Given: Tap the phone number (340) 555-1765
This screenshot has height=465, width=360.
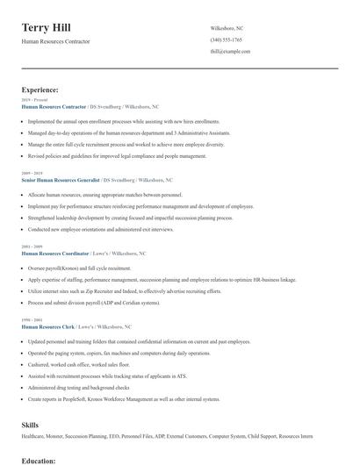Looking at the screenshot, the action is (x=227, y=39).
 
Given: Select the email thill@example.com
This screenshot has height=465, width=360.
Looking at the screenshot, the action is (x=230, y=51).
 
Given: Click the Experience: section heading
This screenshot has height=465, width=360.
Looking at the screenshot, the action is (x=40, y=89).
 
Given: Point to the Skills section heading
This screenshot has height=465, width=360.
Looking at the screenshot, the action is (x=30, y=424).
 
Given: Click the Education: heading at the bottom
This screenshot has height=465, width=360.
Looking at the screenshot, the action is (x=39, y=460).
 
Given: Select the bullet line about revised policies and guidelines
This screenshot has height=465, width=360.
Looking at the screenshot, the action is (x=117, y=156).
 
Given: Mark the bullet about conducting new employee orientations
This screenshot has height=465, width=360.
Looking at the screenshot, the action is (x=101, y=229).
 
